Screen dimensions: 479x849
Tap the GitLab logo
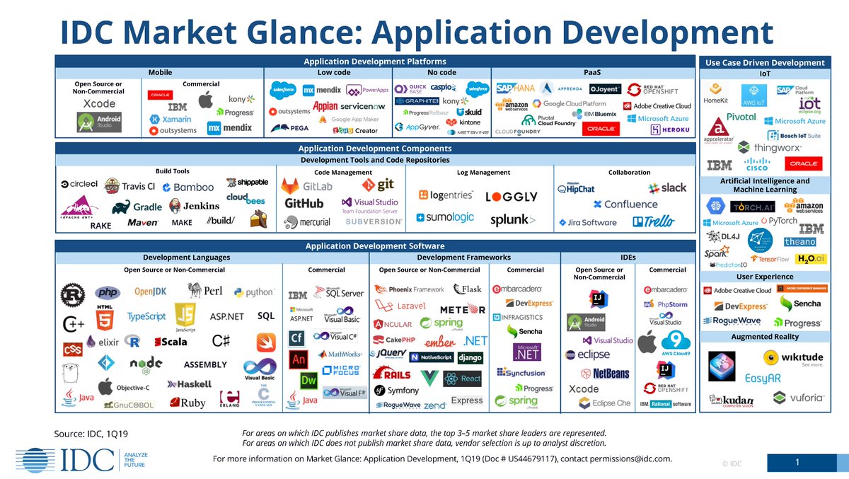[x=307, y=186]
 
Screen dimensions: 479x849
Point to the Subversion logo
[x=374, y=221]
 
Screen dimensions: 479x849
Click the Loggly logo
[x=512, y=197]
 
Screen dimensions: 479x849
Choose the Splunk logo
[x=513, y=220]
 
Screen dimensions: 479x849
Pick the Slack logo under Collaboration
[x=666, y=187]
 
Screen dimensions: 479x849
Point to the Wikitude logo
[x=793, y=357]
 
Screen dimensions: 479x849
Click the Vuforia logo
[x=799, y=397]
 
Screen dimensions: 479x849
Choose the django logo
[x=470, y=358]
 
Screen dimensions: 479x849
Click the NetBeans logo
[x=605, y=373]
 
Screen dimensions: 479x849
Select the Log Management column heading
[x=483, y=172]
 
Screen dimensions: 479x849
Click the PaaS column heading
[x=592, y=72]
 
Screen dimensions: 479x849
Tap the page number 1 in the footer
[x=797, y=463]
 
